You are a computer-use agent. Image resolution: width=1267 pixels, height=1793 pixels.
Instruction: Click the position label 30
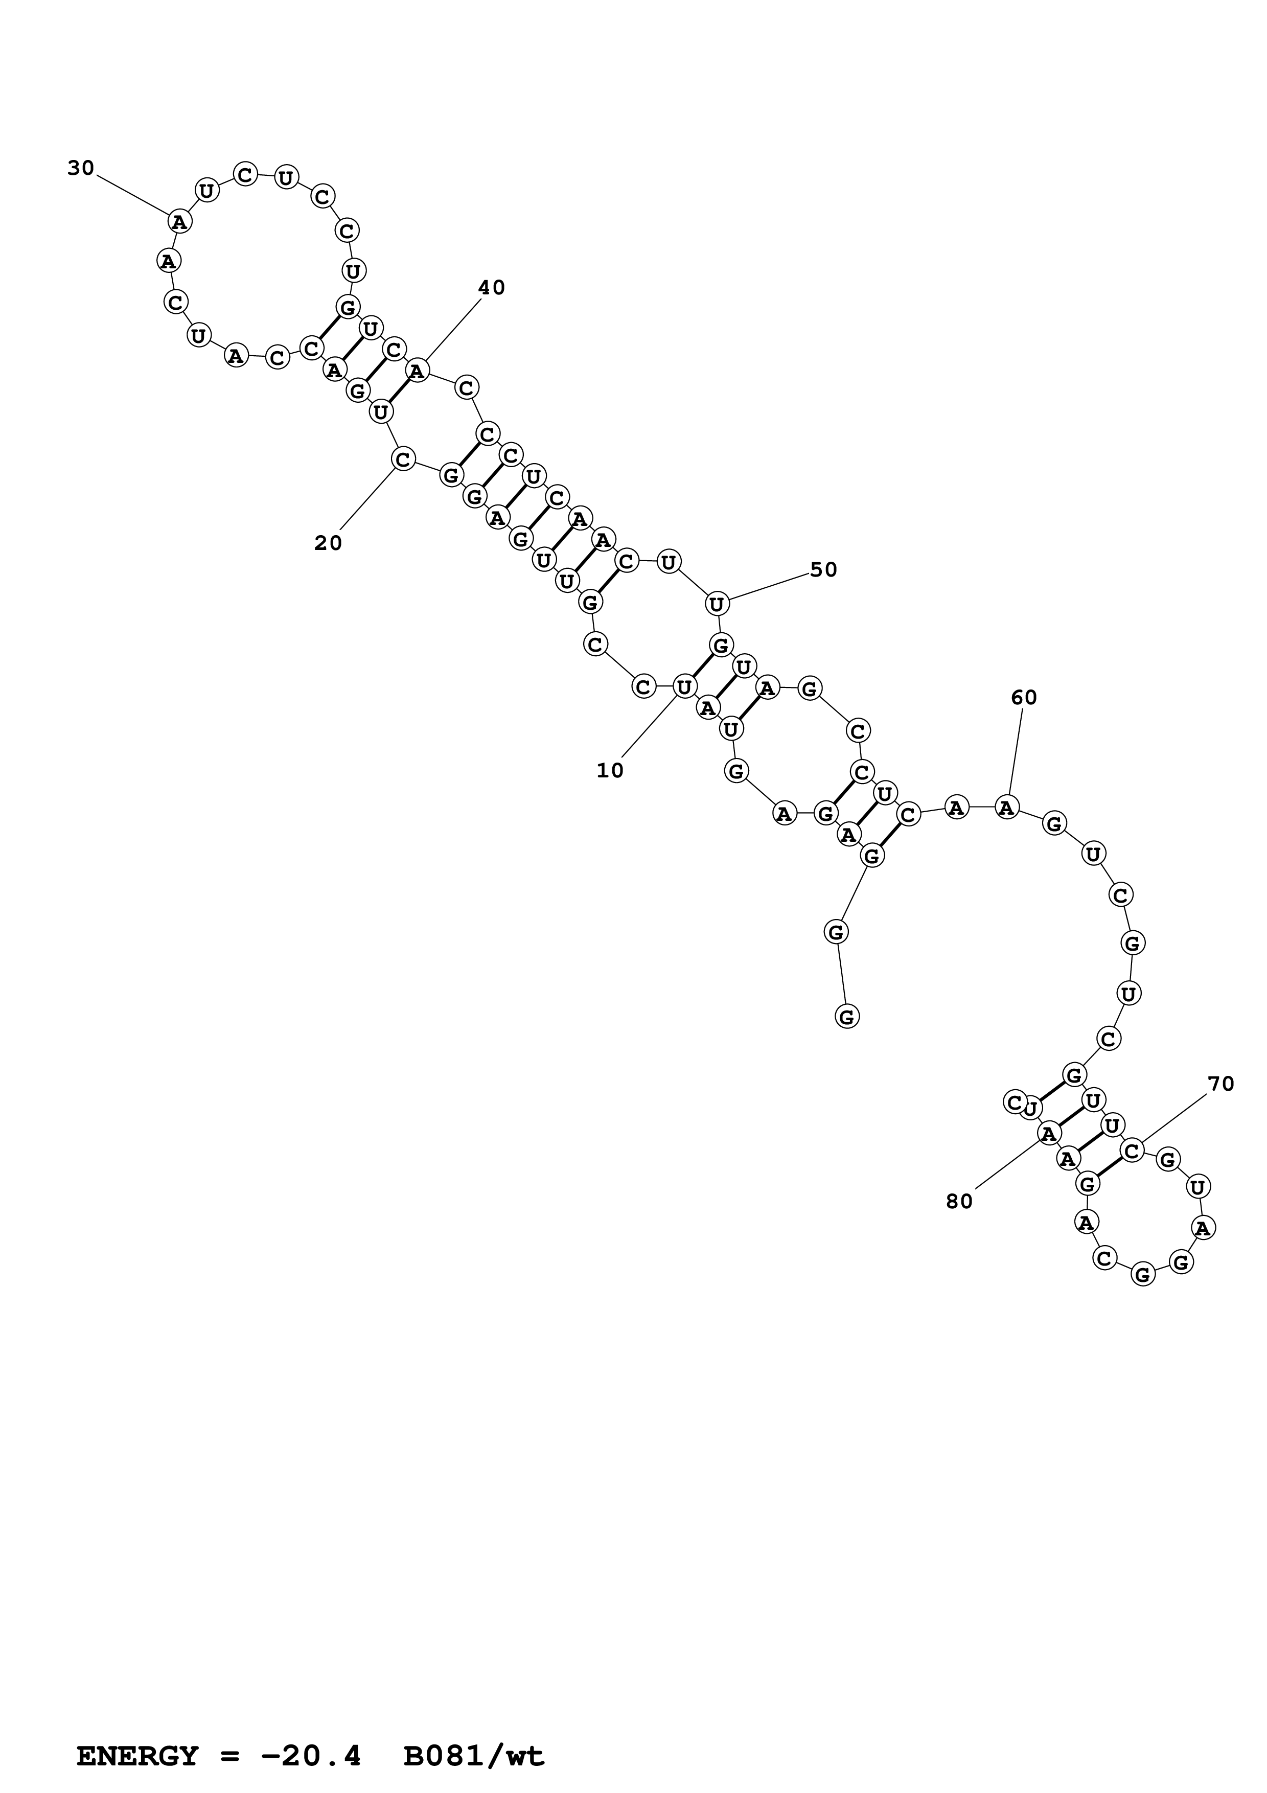[x=80, y=168]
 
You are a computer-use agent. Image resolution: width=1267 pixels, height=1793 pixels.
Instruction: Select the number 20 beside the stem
[x=328, y=543]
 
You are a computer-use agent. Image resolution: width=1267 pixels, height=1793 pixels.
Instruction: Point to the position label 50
[x=823, y=570]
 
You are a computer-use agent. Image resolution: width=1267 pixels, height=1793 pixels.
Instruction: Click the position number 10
[x=610, y=771]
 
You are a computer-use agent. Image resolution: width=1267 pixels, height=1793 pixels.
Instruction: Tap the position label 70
[x=1221, y=1084]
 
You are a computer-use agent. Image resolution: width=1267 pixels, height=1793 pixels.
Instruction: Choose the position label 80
[x=959, y=1202]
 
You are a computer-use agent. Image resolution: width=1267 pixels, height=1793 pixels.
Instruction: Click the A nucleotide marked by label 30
[x=179, y=222]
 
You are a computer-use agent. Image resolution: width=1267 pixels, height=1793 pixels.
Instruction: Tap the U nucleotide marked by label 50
[x=717, y=603]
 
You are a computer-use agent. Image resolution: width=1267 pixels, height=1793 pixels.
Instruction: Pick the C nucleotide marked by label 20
[x=403, y=459]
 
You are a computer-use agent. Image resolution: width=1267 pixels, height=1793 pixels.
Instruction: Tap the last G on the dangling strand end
[x=847, y=1017]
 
